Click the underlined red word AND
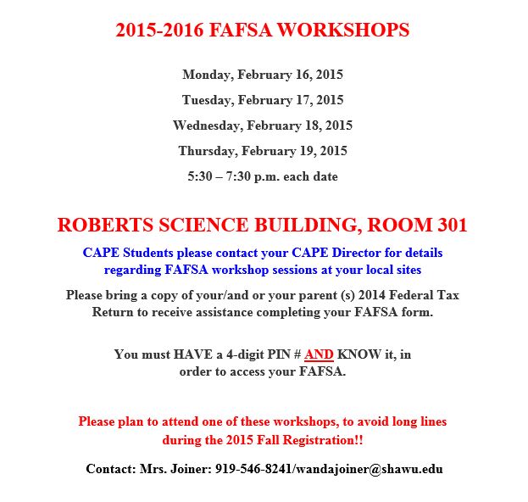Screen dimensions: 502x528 tap(319, 354)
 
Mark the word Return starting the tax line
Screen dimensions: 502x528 tap(113, 312)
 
